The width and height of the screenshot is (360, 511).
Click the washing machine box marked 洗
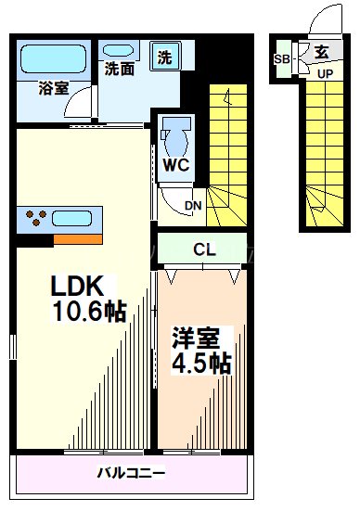click(164, 57)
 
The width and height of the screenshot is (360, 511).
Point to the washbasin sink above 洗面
click(120, 47)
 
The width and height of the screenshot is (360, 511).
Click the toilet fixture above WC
click(174, 140)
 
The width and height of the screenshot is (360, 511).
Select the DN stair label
click(193, 206)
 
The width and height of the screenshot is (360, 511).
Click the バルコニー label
click(131, 474)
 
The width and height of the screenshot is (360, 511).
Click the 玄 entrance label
click(320, 53)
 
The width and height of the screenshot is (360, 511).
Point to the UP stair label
click(326, 74)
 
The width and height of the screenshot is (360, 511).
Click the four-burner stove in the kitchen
click(38, 220)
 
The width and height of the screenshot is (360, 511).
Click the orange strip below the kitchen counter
click(77, 239)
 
